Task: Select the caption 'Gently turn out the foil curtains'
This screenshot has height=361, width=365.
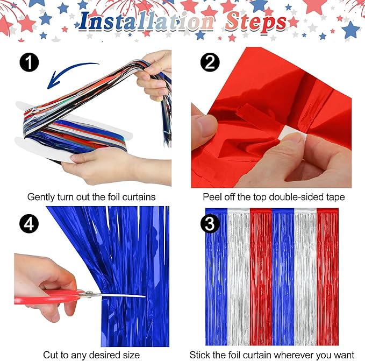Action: (91, 197)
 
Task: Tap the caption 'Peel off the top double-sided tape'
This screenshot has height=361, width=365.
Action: (274, 197)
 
